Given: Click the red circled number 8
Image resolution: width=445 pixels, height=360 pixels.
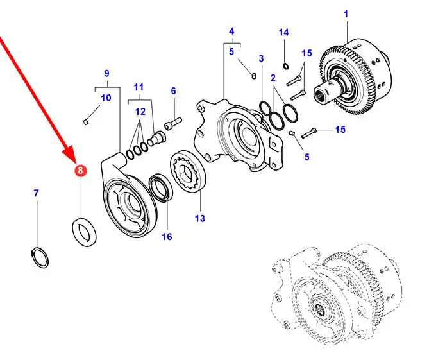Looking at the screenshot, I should coord(80,171).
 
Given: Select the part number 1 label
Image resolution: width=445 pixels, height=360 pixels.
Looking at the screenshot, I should coord(346,14).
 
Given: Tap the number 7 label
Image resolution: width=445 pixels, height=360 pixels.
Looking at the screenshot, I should coord(36,193).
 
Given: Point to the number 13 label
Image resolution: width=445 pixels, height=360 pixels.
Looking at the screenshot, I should coord(199,219).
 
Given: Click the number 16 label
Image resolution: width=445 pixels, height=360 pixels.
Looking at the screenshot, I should coord(167,237).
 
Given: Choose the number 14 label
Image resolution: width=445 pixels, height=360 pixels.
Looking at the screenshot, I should coord(284,32).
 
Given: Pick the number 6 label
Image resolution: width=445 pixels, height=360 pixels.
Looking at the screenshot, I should coord(173,91).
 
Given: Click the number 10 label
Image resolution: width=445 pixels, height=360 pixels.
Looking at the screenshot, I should coord(106,98).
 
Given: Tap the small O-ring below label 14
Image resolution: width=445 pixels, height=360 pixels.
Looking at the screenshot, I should coord(285,65).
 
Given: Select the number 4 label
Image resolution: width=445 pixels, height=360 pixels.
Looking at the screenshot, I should coord(231,31).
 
